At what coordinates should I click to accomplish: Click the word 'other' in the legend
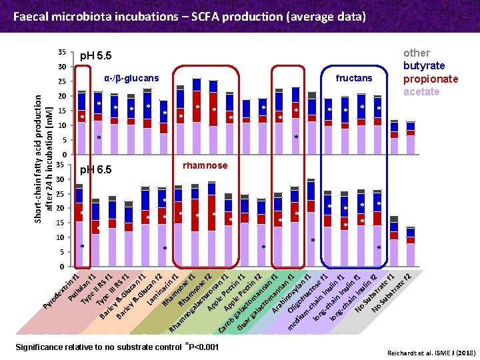[417, 53]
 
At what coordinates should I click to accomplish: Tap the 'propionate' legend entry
[431, 79]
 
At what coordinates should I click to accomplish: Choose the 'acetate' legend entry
[421, 91]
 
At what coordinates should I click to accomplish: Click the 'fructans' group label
[354, 79]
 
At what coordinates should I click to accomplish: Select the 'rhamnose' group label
[205, 165]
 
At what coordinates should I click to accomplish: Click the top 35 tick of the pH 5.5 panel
[61, 52]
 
